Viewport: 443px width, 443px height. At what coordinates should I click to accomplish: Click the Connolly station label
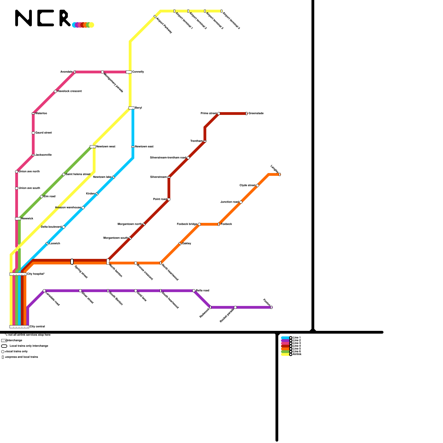click(138, 72)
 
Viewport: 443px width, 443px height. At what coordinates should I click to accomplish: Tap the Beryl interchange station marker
click(132, 108)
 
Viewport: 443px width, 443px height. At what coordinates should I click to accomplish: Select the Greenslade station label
click(256, 114)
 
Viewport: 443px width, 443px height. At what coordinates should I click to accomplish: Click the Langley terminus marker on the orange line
click(280, 174)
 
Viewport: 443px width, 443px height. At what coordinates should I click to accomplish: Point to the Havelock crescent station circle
click(55, 91)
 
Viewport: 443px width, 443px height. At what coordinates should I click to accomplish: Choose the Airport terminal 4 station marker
click(221, 11)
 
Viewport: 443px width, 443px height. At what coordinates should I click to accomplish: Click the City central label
click(37, 327)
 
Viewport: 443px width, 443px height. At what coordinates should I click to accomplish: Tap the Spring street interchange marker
click(72, 262)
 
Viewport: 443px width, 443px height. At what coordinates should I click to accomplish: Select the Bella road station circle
click(194, 291)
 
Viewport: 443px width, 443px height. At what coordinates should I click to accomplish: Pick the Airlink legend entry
click(297, 354)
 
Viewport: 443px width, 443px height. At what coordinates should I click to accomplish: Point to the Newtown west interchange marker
click(93, 147)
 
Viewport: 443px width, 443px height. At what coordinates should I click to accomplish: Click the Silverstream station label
click(158, 177)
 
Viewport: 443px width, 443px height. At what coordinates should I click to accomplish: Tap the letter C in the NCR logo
click(45, 18)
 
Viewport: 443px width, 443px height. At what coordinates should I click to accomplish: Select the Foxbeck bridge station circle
click(199, 224)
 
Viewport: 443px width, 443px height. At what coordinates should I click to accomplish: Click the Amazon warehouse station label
click(68, 208)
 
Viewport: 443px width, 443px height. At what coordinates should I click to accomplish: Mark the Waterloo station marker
click(33, 114)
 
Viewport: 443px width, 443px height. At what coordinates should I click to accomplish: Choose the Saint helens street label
click(78, 174)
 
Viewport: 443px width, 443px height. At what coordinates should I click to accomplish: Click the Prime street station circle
click(219, 114)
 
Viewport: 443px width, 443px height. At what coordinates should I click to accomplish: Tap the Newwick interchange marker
click(18, 219)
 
